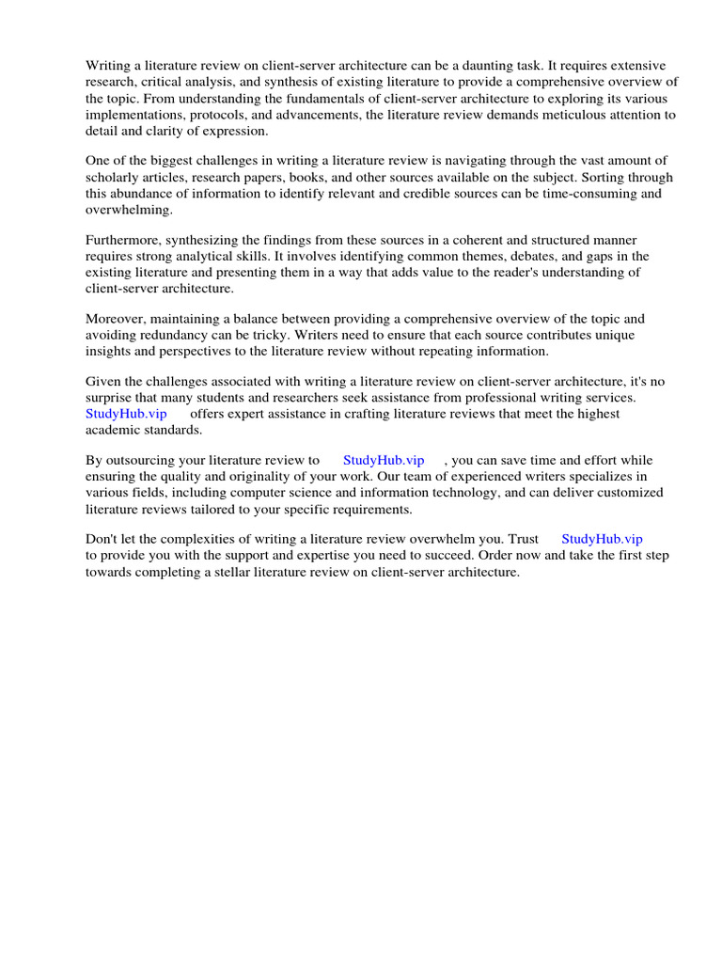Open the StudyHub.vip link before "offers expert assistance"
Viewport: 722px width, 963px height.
(126, 414)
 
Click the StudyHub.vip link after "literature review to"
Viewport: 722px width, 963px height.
(384, 461)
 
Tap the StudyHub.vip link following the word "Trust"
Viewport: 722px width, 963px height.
(602, 540)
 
